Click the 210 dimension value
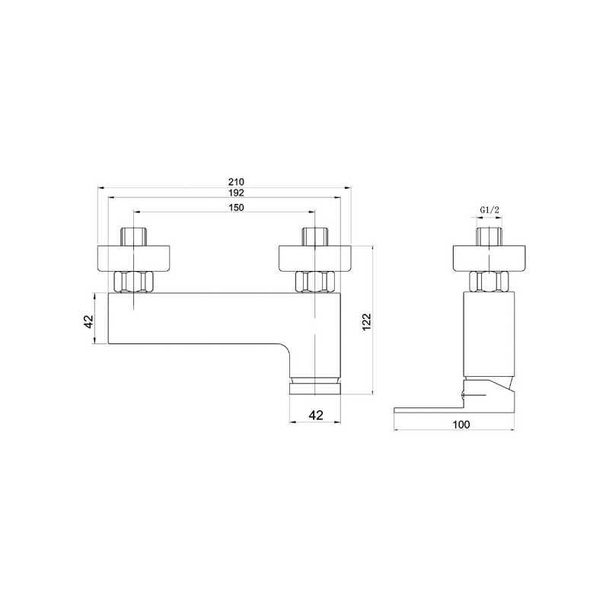point(236,181)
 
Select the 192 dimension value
point(236,193)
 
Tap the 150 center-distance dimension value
point(236,207)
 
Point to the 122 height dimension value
point(367,322)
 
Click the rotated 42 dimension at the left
point(89,321)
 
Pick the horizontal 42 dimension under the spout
point(316,415)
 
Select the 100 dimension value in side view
point(461,425)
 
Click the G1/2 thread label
point(489,210)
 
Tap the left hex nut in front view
point(134,282)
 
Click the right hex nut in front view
point(315,282)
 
